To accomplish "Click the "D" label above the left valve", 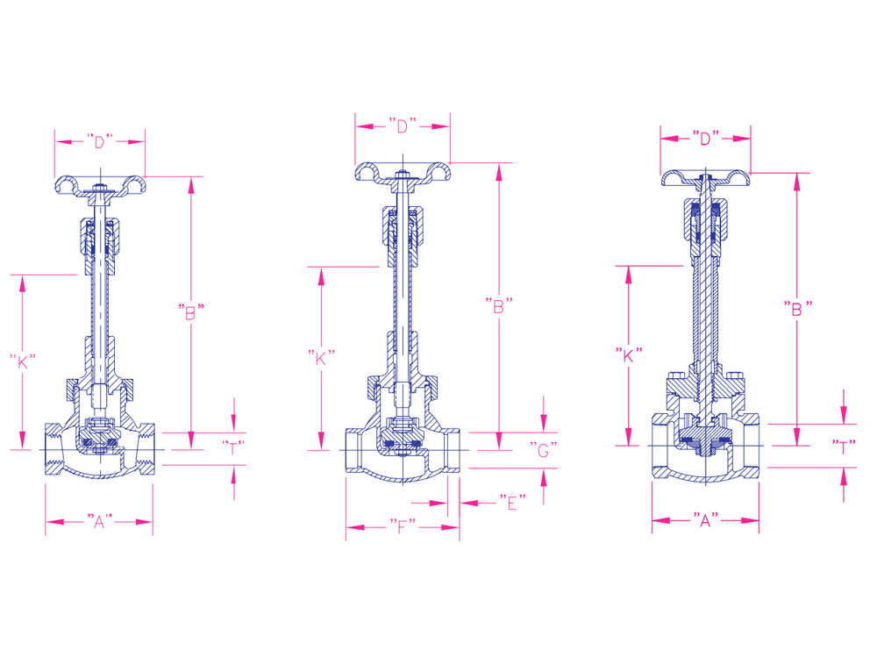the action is pos(100,141).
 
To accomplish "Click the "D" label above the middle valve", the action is pos(403,125).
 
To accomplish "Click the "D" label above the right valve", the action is pos(705,138).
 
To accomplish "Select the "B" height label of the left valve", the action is pos(190,312).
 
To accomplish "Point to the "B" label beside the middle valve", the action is pos(499,305).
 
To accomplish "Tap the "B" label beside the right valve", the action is pos(797,308).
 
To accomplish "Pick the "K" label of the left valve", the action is pos(23,361).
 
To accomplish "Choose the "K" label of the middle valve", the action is pos(321,358).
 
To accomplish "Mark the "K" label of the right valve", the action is pos(629,355).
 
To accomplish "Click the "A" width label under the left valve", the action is pos(100,521).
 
